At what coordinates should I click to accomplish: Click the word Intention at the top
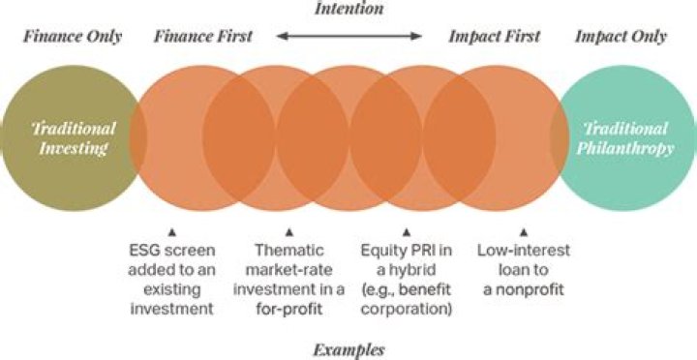348,9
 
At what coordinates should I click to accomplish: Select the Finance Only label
73,37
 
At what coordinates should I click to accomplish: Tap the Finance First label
202,37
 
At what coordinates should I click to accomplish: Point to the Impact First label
494,37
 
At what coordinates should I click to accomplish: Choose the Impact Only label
621,37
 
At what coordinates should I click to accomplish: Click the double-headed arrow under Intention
348,37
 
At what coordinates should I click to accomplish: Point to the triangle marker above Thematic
288,232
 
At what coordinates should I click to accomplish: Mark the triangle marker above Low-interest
522,232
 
